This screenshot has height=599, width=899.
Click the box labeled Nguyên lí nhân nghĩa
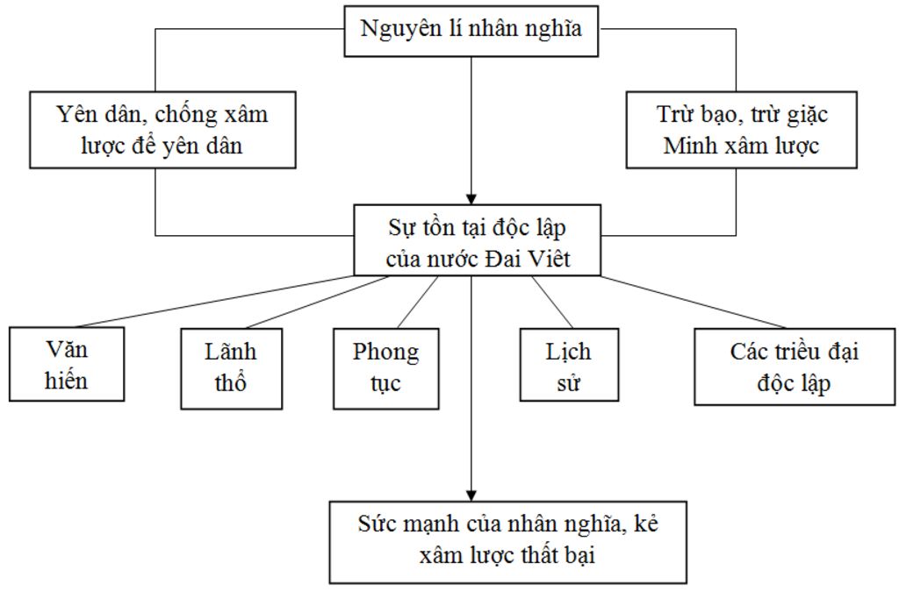pyautogui.click(x=471, y=30)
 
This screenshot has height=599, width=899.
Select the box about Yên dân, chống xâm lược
pyautogui.click(x=162, y=129)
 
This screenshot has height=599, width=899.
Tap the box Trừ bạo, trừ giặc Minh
pyautogui.click(x=741, y=129)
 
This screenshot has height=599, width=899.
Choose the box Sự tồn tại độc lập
pyautogui.click(x=478, y=240)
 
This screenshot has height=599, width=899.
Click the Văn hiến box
pyautogui.click(x=67, y=364)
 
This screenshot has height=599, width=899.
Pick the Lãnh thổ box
pyautogui.click(x=231, y=367)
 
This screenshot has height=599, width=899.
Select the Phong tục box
pyautogui.click(x=385, y=367)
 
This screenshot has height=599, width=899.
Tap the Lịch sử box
pyautogui.click(x=568, y=364)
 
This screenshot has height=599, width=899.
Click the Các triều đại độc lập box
pyautogui.click(x=794, y=366)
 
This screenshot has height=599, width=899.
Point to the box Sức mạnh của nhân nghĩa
pyautogui.click(x=507, y=541)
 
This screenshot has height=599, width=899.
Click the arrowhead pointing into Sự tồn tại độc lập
pyautogui.click(x=472, y=197)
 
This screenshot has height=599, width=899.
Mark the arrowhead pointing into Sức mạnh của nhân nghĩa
pyautogui.click(x=472, y=493)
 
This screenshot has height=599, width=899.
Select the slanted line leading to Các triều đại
pyautogui.click(x=685, y=301)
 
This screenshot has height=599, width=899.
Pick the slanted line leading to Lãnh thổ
pyautogui.click(x=316, y=302)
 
